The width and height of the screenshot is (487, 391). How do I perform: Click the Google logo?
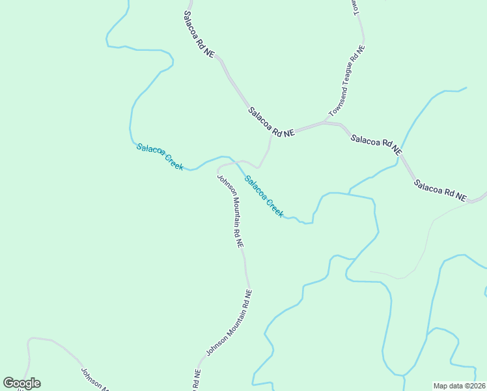21,383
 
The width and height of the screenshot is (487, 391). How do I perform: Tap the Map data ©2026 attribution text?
459,386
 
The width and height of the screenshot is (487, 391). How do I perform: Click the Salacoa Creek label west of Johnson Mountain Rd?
160,156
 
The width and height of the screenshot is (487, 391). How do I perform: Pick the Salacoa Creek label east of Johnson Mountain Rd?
264,196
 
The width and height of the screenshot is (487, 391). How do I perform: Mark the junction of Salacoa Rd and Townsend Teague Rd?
325,122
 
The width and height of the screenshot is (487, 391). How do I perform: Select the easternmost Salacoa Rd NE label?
440,190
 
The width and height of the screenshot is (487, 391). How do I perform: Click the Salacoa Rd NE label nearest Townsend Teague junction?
271,122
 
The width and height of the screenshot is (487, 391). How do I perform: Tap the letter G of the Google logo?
9,383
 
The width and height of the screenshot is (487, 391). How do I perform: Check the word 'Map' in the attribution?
441,386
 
